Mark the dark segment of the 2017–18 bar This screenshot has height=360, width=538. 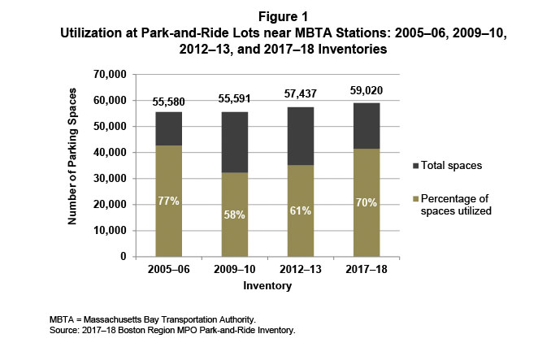367,125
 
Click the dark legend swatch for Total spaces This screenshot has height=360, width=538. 418,165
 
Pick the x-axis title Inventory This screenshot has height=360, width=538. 268,286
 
